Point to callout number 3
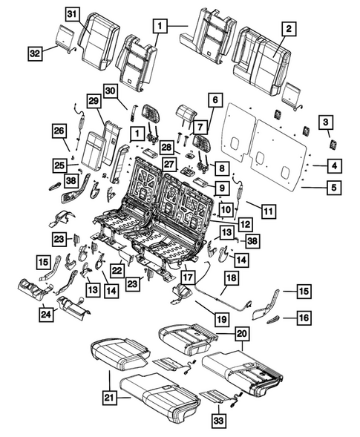pyautogui.click(x=326, y=122)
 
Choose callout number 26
pyautogui.click(x=59, y=131)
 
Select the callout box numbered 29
pyautogui.click(x=94, y=101)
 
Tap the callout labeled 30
pyautogui.click(x=111, y=91)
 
